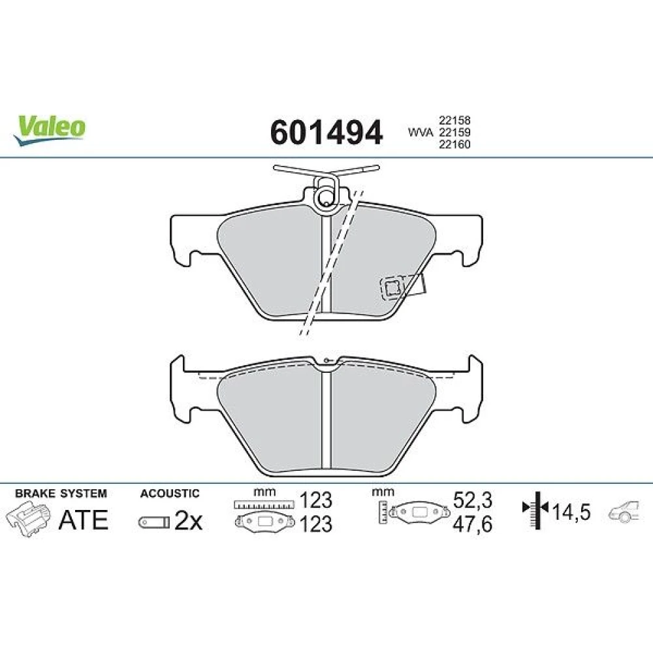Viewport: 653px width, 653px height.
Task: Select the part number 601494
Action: click(x=326, y=133)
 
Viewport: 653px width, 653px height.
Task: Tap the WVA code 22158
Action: click(x=454, y=120)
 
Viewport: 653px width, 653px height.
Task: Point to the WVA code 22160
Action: click(x=454, y=144)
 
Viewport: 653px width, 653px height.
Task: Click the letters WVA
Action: click(x=421, y=133)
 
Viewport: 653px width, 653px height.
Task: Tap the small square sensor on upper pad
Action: click(x=391, y=288)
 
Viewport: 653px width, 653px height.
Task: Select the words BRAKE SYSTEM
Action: click(x=61, y=494)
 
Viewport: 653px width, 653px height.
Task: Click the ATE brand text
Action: click(x=84, y=520)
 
